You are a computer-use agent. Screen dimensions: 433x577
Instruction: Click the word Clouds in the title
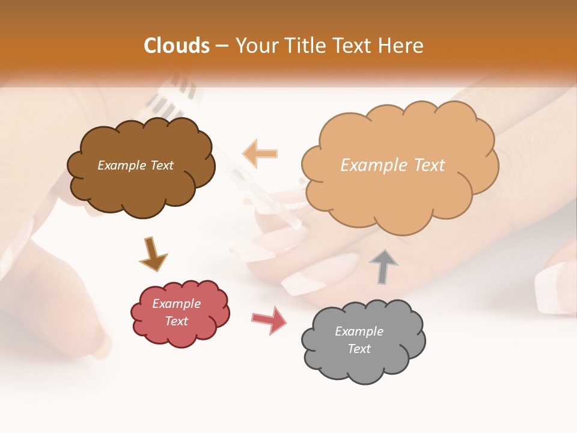coord(177,46)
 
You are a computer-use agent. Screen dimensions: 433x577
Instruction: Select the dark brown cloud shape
coord(141,186)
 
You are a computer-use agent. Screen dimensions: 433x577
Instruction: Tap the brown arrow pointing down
coord(153,254)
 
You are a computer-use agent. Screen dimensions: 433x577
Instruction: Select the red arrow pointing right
coord(269,320)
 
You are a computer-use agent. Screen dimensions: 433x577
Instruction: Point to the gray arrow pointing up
coord(383,266)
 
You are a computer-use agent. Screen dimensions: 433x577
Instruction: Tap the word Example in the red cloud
coord(176,304)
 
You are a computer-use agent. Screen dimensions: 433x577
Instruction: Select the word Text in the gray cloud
coord(359,349)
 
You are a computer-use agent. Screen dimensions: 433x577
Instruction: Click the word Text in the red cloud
coord(176,321)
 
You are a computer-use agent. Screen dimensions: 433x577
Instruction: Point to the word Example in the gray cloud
coord(359,331)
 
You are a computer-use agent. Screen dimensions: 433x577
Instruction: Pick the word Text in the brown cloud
coord(160,165)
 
